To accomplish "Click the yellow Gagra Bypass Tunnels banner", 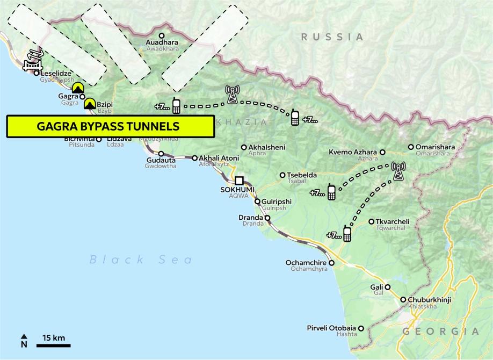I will point(110,126).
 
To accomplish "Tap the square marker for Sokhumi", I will point(239,181).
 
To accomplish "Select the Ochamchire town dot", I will point(331,263).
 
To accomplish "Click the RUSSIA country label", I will point(332,37).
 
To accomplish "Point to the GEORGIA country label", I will point(440,332).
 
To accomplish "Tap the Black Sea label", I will point(141,260).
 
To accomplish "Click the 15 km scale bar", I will point(53,344).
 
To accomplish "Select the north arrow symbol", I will point(24,341).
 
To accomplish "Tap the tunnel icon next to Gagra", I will point(78,87).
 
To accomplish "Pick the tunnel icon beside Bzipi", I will point(89,103).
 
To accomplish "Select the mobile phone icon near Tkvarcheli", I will point(347,234).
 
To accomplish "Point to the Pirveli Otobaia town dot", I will point(361,328).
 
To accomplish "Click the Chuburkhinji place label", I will point(429,299).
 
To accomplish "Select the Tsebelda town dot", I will point(283,175).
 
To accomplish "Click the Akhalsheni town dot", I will point(244,147).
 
